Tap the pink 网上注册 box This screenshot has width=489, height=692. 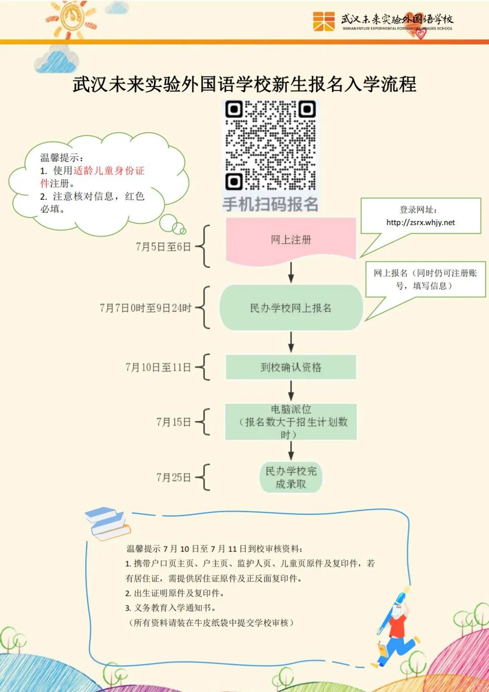click(x=291, y=240)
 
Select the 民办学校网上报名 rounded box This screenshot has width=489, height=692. click(x=291, y=308)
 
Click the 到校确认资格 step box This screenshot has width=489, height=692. click(x=291, y=367)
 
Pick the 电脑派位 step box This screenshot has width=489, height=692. click(x=291, y=422)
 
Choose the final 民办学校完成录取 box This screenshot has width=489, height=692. click(x=291, y=477)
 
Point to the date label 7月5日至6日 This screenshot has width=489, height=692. click(x=163, y=247)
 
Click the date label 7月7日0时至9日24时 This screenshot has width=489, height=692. click(x=145, y=308)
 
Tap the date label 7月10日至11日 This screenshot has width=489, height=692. click(x=158, y=367)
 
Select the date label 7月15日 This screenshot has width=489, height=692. click(x=173, y=422)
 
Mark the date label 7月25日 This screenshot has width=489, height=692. click(x=173, y=477)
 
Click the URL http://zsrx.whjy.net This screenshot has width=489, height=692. click(x=421, y=222)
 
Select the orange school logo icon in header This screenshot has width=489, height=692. click(x=324, y=21)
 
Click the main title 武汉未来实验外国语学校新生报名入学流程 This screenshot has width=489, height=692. click(x=244, y=84)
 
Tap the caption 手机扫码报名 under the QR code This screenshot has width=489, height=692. click(x=270, y=204)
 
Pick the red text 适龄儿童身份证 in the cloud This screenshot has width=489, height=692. click(x=109, y=171)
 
